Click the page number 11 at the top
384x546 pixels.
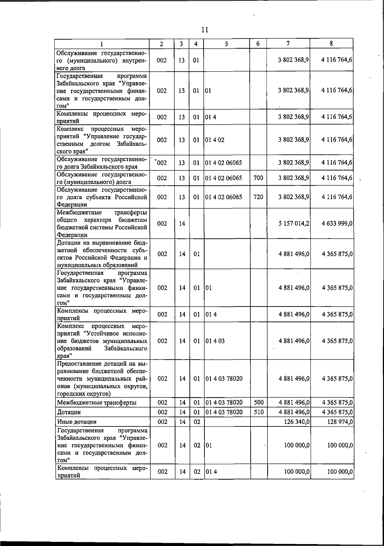click(205, 30)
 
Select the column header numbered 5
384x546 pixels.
click(226, 43)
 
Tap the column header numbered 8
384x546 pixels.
click(332, 43)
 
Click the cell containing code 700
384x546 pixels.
click(258, 178)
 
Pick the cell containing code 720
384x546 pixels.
click(258, 197)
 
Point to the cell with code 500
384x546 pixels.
click(258, 402)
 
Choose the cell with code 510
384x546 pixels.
click(258, 412)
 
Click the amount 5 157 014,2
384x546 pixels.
click(293, 223)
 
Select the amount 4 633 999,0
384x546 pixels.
click(337, 223)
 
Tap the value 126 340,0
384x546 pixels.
click(297, 422)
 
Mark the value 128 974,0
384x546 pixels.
click(340, 422)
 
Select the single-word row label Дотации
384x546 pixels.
click(69, 412)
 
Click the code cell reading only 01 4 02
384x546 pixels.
click(215, 140)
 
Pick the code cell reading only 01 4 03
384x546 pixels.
click(215, 341)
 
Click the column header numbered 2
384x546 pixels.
click(162, 43)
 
